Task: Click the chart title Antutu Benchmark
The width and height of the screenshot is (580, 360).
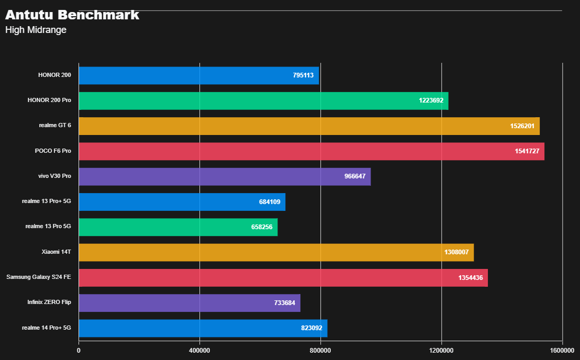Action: (x=72, y=15)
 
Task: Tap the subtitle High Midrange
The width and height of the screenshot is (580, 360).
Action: (x=36, y=30)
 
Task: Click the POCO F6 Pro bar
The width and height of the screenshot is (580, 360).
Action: (x=311, y=151)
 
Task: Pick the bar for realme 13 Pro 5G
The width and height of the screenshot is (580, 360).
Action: (x=178, y=227)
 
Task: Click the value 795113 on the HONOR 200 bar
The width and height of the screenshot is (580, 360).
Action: (x=303, y=75)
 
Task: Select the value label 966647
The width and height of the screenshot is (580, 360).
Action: (x=355, y=176)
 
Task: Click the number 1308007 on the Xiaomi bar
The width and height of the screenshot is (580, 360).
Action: (x=456, y=252)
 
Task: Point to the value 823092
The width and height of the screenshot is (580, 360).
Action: (x=311, y=328)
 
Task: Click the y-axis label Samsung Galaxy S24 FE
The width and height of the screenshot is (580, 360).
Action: (x=39, y=277)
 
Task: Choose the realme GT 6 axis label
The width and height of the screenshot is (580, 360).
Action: (x=55, y=126)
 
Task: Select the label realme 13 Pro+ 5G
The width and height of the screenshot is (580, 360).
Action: (x=47, y=201)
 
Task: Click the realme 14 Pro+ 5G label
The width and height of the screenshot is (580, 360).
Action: (x=47, y=328)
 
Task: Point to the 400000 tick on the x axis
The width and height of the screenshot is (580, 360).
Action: (x=199, y=350)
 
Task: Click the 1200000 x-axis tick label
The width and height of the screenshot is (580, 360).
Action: (x=441, y=350)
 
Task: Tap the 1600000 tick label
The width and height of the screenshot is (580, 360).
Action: (x=562, y=350)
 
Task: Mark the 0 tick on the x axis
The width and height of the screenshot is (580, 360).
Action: (x=79, y=350)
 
